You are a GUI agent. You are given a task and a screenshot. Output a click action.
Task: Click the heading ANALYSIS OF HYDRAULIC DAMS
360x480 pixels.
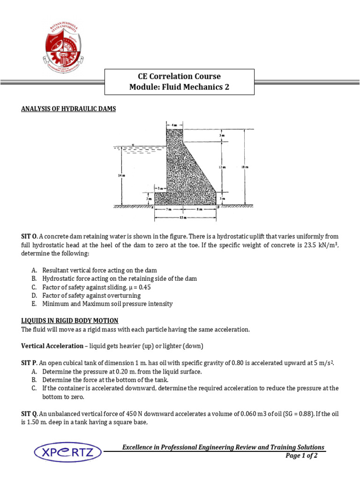(x=68, y=109)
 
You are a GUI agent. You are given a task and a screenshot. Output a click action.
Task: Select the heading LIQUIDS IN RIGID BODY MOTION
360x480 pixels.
(x=70, y=321)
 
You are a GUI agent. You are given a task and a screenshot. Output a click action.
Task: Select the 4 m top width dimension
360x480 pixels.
(x=174, y=125)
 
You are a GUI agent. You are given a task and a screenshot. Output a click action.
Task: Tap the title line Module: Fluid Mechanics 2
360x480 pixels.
(x=180, y=87)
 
